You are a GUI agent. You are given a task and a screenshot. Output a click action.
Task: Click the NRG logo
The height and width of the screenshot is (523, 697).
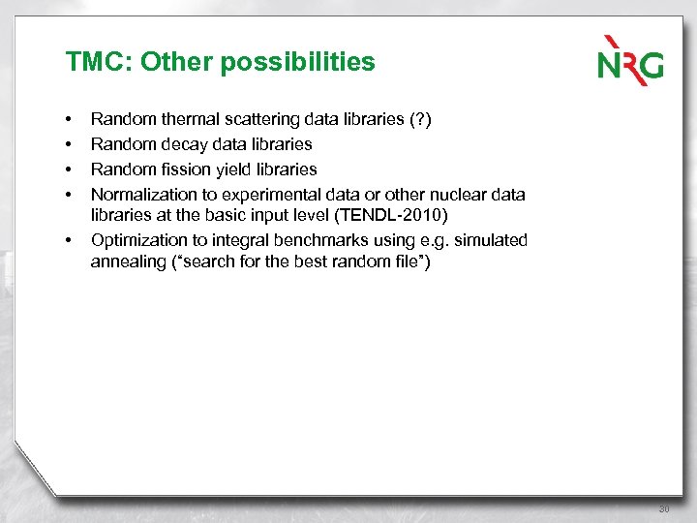point(630,60)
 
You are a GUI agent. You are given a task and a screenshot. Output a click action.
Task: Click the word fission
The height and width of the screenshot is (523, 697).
point(181,169)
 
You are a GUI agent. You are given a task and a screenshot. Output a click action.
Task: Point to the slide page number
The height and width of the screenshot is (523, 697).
point(664,508)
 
